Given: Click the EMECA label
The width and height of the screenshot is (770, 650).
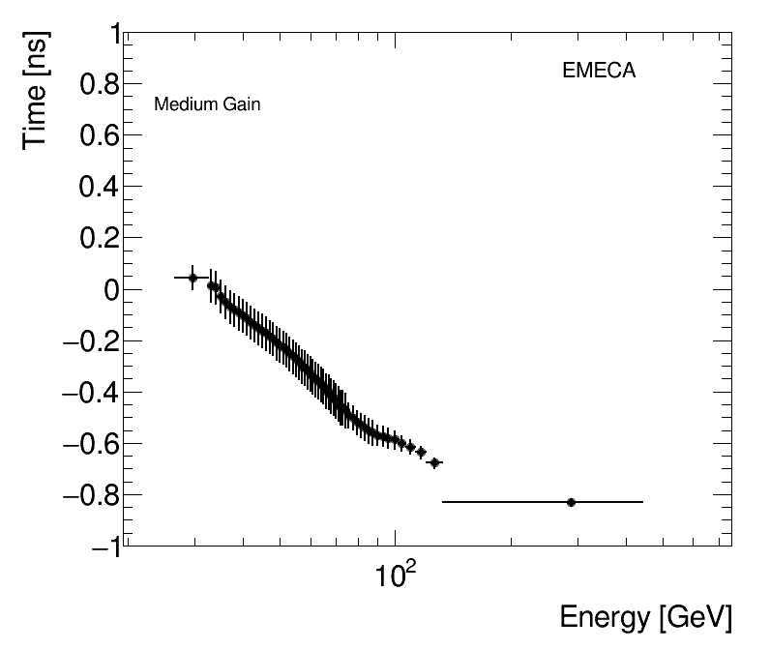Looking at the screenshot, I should [599, 71].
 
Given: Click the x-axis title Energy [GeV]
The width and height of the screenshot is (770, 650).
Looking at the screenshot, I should [645, 618].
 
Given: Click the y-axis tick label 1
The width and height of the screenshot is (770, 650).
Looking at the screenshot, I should [115, 35].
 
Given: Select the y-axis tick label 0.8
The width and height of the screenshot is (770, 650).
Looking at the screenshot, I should [101, 85].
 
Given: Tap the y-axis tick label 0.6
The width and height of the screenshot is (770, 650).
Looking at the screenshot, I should [101, 136].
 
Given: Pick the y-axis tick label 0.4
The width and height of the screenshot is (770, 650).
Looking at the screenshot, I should [101, 188].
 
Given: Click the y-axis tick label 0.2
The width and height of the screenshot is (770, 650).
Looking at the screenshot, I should [101, 239].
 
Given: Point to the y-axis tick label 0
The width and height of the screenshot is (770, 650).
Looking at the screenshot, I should [113, 290].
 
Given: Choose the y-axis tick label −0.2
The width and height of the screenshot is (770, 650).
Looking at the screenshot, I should [93, 341].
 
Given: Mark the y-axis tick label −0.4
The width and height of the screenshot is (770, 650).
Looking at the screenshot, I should [93, 393].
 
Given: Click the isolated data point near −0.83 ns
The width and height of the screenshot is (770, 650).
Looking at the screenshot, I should [572, 502].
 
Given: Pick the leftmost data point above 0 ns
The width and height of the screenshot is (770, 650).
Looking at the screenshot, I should [192, 278].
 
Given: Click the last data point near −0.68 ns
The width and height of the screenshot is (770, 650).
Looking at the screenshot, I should [434, 462].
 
